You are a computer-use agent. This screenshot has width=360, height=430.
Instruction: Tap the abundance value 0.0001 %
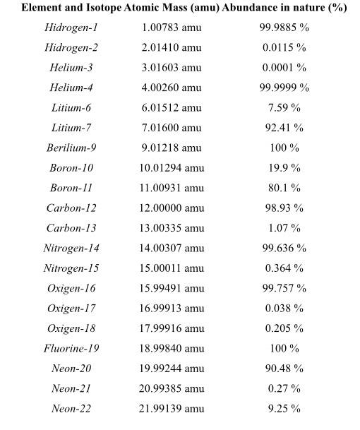pos(284,68)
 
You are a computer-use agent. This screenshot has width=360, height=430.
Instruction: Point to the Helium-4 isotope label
pos(71,88)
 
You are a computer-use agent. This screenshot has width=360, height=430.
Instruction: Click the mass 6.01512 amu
pos(171,108)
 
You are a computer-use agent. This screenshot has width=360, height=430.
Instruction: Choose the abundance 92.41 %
pos(284,128)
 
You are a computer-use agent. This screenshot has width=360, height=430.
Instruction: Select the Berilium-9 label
pos(71,148)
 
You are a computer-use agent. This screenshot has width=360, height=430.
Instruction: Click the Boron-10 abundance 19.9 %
pos(284,168)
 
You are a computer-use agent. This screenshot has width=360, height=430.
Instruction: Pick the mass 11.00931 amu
pos(171,188)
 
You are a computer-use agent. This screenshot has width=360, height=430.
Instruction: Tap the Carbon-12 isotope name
pos(71,208)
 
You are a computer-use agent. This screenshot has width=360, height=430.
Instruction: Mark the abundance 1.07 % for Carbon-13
pos(284,228)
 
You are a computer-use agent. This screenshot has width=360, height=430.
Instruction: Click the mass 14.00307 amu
pos(171,248)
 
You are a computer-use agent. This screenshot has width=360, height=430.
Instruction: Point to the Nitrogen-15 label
pos(71,268)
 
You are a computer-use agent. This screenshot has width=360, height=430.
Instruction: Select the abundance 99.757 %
pos(284,288)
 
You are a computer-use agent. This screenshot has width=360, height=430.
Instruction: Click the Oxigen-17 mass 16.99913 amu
pos(171,308)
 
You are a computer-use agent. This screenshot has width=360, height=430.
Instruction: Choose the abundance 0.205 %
pos(284,328)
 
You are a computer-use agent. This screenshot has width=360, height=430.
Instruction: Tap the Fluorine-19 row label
pos(71,348)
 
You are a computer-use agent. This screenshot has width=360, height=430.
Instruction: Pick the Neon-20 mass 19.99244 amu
pos(171,368)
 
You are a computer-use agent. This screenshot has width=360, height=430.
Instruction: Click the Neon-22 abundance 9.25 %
pos(284,408)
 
